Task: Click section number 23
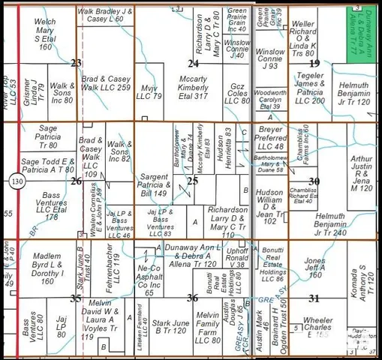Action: (x=76, y=62)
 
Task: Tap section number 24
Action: (x=193, y=63)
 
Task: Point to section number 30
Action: (x=314, y=181)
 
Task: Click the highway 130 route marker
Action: (x=17, y=181)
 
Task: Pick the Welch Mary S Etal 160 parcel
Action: (x=47, y=33)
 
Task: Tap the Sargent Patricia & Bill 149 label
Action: (x=155, y=184)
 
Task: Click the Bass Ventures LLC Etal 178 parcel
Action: (x=51, y=205)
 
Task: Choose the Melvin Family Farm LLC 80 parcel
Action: (x=207, y=326)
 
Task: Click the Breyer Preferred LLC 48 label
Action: (x=269, y=142)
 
